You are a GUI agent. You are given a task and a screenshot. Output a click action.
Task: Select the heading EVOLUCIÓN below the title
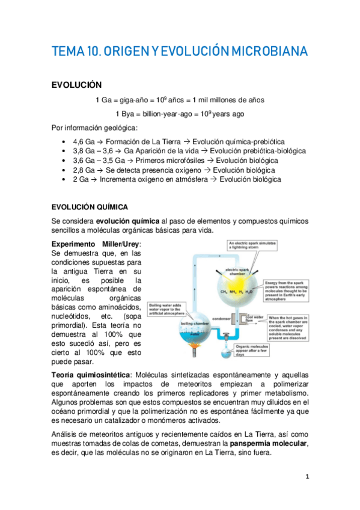click(x=76, y=85)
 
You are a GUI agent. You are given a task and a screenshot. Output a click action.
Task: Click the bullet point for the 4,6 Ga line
click(x=64, y=140)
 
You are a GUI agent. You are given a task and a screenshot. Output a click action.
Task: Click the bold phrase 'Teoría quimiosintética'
click(x=90, y=375)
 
